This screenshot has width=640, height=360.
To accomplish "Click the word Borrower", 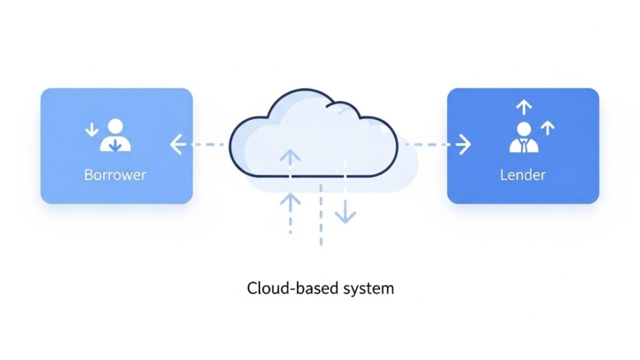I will (x=115, y=174).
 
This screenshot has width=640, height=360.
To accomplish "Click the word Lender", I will (x=522, y=175).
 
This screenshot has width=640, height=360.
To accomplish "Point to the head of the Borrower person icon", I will (x=116, y=127).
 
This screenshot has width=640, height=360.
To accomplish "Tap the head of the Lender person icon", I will (x=524, y=130).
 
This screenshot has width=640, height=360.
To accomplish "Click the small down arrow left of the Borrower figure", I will (x=92, y=130).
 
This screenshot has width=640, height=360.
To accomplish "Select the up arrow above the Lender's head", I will (x=524, y=107).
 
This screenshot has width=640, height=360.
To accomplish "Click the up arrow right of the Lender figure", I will (x=547, y=128).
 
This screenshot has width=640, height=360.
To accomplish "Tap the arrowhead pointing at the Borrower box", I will (x=176, y=146).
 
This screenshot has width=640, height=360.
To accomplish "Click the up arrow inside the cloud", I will (x=290, y=157).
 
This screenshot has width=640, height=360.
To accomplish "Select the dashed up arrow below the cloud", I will (x=290, y=203).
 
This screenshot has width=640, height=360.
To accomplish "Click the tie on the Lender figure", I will (x=524, y=146).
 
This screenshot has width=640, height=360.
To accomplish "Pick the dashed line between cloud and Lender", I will (x=431, y=145).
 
